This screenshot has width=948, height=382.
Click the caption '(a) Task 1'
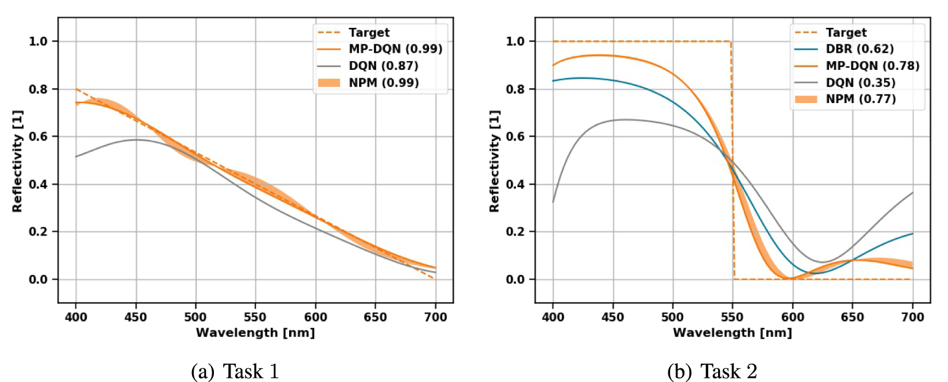(235, 371)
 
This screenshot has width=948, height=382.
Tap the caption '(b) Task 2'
(712, 371)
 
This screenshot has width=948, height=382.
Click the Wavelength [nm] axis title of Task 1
(255, 333)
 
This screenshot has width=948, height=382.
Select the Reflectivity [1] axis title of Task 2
(494, 161)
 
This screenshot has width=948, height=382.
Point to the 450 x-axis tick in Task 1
(136, 317)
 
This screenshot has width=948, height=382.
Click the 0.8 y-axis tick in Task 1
(38, 89)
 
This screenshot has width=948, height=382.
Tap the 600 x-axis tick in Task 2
(793, 317)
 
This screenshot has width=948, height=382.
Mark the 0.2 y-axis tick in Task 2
(515, 232)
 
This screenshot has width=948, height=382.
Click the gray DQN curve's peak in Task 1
(136, 140)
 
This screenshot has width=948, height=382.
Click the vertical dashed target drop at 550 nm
(732, 160)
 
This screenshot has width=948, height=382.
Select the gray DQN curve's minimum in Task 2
(821, 262)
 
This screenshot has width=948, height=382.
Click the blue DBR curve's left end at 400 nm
(553, 81)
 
